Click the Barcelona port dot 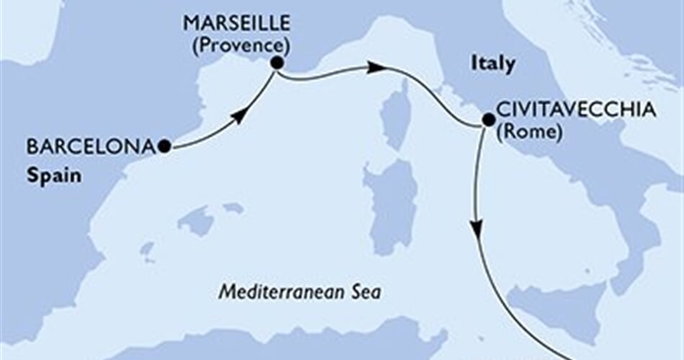165,146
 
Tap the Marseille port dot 276,63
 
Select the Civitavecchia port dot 487,120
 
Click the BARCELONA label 91,147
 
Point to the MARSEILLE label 237,24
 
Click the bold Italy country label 493,64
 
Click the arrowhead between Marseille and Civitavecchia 374,68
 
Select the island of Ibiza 148,251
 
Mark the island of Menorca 233,208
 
